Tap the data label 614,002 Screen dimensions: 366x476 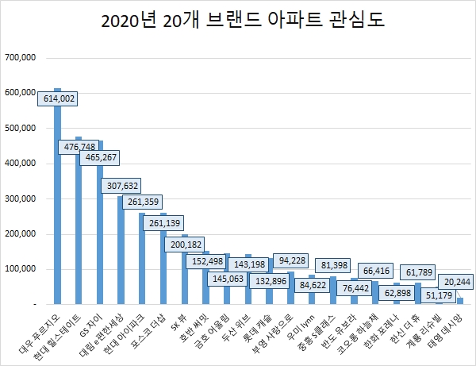point(57,98)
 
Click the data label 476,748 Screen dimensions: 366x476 point(79,147)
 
